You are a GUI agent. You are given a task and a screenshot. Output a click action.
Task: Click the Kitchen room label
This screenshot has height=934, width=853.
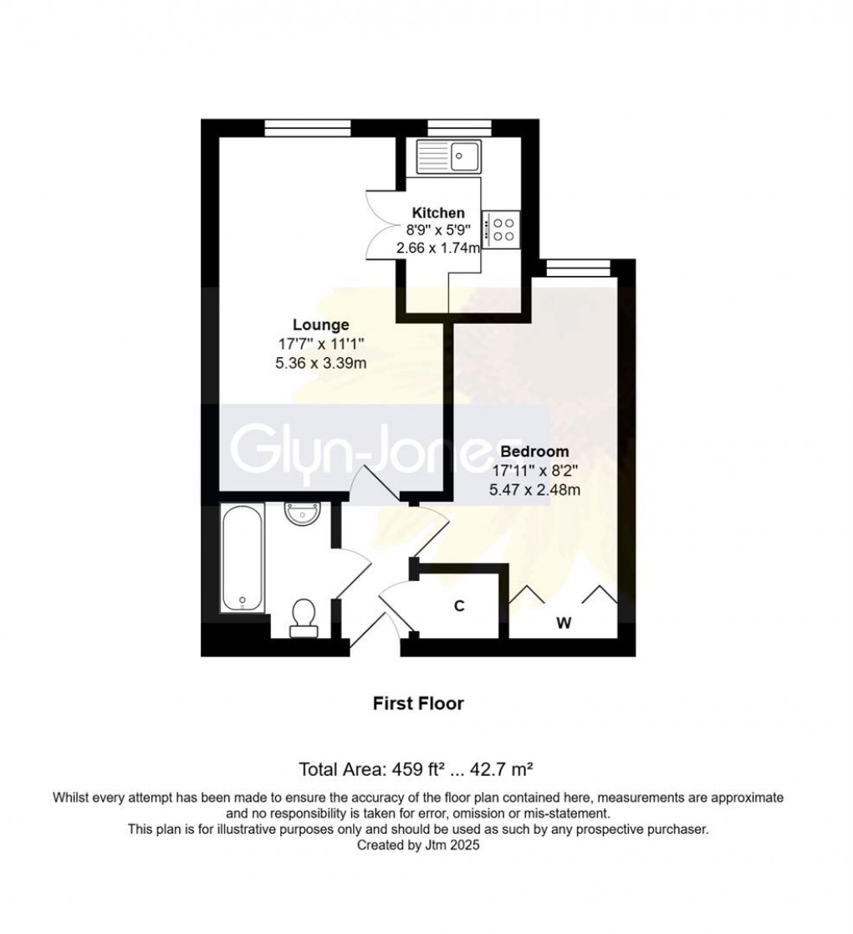[438, 213]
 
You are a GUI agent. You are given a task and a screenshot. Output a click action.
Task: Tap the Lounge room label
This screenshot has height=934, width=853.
[320, 324]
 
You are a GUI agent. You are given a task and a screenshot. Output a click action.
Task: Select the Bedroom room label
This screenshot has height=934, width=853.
[541, 452]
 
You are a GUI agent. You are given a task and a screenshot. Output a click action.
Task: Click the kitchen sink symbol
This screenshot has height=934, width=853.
[448, 156]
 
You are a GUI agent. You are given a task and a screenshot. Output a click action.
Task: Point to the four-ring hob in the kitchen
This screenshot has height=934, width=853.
[503, 228]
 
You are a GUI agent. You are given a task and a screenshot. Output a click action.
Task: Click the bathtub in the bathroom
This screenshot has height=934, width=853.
[243, 557]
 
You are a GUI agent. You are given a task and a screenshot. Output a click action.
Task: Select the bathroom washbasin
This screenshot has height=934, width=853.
[301, 512]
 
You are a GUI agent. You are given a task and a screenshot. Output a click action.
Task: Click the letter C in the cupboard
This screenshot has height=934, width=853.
[459, 606]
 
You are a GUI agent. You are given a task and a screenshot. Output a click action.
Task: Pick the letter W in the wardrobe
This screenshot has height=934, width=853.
[564, 623]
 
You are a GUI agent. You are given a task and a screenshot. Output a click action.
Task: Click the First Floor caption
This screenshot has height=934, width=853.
[418, 703]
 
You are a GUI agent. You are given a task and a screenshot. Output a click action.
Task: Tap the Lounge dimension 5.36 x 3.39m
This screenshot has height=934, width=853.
[321, 363]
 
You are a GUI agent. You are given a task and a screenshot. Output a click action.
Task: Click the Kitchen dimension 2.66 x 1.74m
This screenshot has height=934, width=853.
[438, 248]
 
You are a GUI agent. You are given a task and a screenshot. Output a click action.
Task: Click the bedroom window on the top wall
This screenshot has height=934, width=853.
[576, 268]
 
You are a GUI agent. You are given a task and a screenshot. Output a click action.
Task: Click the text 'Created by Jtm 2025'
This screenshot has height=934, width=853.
[418, 845]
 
